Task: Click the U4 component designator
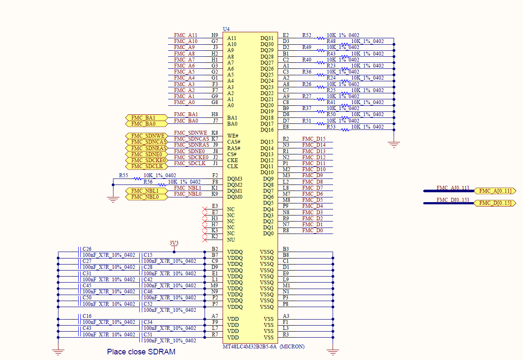[226, 29]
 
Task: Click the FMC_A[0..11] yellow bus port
[495, 191]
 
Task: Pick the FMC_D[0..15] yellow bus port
[495, 203]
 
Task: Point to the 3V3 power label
[174, 243]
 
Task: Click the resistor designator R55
[123, 175]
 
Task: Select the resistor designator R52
[306, 35]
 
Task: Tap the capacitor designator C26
[87, 249]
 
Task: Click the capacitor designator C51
[148, 335]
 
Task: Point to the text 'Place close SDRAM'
[141, 352]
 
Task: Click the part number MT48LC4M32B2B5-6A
[250, 347]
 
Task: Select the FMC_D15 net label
[314, 139]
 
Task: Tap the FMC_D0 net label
[312, 231]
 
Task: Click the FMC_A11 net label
[186, 35]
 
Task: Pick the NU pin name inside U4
[231, 240]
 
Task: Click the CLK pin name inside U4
[232, 166]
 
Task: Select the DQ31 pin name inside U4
[267, 38]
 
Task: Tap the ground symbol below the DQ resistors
[394, 145]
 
